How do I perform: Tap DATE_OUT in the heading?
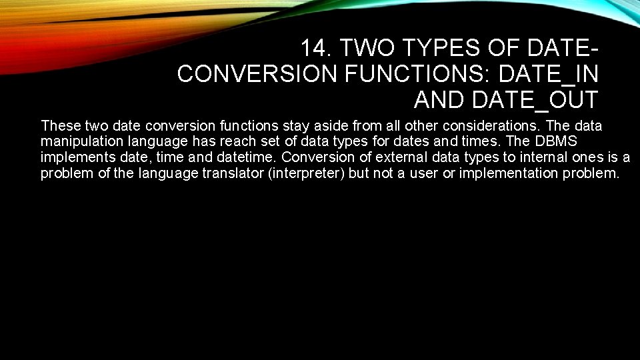[535, 99]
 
